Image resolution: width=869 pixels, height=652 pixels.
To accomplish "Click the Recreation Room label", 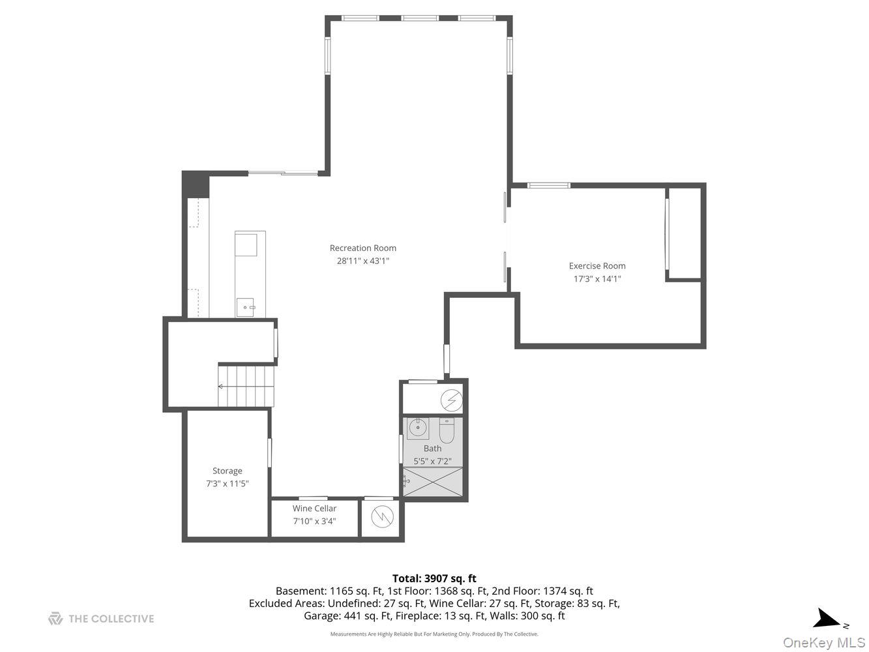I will pyautogui.click(x=362, y=248).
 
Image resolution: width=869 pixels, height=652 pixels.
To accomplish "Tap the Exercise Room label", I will pyautogui.click(x=597, y=265).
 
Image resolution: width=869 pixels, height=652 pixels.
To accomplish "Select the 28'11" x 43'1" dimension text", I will pyautogui.click(x=362, y=261).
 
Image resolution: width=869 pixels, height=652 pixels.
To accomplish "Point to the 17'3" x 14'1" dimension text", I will pyautogui.click(x=597, y=278).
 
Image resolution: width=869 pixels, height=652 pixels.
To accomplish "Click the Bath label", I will pyautogui.click(x=432, y=448).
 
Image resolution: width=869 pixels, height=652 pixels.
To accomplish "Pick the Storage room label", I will pyautogui.click(x=227, y=471).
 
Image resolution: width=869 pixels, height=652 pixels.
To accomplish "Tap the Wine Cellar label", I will pyautogui.click(x=314, y=509).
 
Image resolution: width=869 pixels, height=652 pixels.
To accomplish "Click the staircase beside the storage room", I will pyautogui.click(x=246, y=386).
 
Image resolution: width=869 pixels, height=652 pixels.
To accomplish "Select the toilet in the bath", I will pyautogui.click(x=447, y=430).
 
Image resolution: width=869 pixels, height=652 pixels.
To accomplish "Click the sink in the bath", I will pyautogui.click(x=417, y=428).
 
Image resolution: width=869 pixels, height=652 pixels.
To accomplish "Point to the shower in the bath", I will pyautogui.click(x=434, y=483).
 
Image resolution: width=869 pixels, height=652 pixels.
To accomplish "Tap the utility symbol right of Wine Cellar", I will pyautogui.click(x=383, y=517).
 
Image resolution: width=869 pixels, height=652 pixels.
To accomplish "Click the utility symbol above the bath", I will pyautogui.click(x=451, y=399).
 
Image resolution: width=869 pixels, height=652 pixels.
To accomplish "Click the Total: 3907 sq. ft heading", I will pyautogui.click(x=434, y=578).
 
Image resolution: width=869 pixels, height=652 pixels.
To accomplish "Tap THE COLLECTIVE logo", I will pyautogui.click(x=101, y=619).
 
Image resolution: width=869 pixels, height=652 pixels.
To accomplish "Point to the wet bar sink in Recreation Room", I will pyautogui.click(x=245, y=306).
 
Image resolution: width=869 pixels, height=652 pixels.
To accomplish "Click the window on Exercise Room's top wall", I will pyautogui.click(x=548, y=186).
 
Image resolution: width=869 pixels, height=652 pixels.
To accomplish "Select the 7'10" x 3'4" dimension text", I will pyautogui.click(x=314, y=521).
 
